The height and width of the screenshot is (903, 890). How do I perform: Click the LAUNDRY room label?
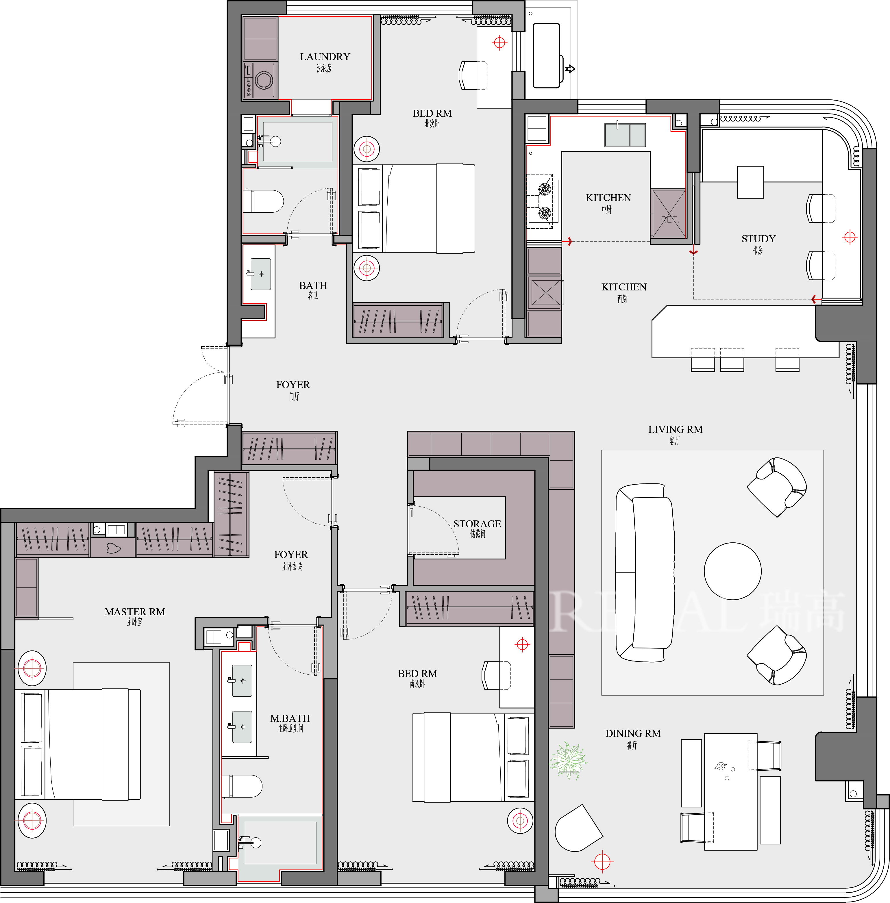(325, 57)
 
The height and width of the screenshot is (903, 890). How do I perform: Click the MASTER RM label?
(135, 612)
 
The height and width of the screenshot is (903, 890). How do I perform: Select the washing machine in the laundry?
(260, 80)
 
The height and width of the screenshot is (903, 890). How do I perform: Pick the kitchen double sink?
(625, 135)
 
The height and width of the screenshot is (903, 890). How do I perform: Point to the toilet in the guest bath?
(263, 201)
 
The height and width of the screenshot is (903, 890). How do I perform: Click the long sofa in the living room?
(645, 572)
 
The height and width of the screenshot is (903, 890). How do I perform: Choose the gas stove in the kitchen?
(540, 201)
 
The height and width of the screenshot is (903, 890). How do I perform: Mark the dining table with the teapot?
(731, 791)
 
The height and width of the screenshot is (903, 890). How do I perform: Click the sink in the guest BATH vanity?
(260, 274)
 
